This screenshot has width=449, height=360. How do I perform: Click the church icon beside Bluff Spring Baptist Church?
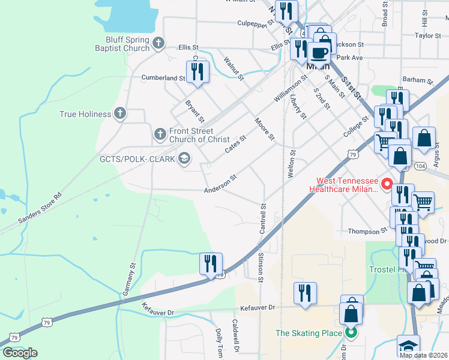(x=158, y=43)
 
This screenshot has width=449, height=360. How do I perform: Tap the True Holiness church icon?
(x=120, y=113)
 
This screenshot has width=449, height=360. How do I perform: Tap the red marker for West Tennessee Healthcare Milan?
(x=388, y=184)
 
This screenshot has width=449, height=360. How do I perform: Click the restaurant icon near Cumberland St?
(x=197, y=72)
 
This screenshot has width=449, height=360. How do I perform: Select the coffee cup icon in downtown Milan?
(x=319, y=52)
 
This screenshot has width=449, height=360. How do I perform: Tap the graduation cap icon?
(x=409, y=347)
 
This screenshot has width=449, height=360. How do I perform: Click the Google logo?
(x=20, y=352)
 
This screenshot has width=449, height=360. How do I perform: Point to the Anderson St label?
(x=221, y=184)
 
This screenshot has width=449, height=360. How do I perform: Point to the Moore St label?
(x=265, y=130)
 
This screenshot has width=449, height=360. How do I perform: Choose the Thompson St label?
(x=368, y=231)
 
